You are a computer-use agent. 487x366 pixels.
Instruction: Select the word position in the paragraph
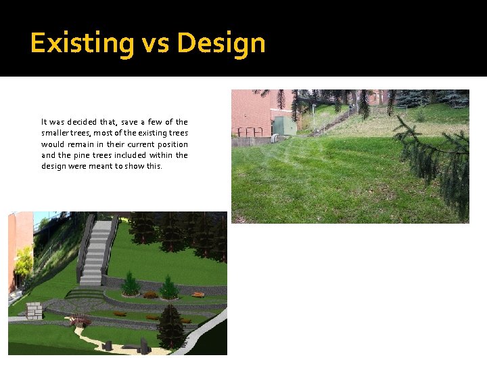[172, 144]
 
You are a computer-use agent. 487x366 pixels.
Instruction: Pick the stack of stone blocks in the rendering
[33, 311]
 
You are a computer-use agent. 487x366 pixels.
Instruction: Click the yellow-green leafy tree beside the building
[24, 261]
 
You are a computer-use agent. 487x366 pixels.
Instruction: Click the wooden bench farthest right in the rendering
[198, 295]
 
